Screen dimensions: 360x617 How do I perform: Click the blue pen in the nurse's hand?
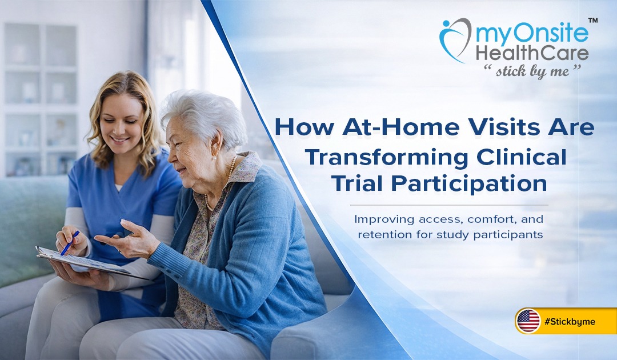click(x=70, y=243)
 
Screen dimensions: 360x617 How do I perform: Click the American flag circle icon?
click(x=528, y=321)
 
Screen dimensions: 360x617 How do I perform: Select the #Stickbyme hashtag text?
click(x=570, y=322)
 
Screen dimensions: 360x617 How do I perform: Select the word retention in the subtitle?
click(x=378, y=234)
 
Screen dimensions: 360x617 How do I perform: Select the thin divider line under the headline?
click(x=448, y=205)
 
